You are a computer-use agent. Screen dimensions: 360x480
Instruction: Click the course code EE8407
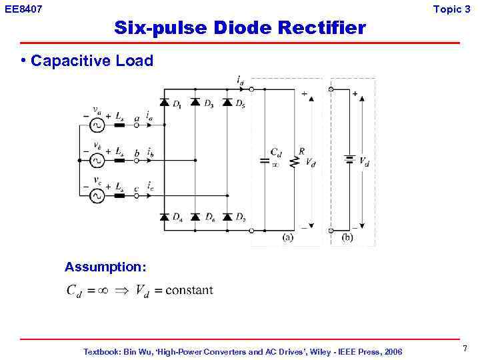tap(23, 9)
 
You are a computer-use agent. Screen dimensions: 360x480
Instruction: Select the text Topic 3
tap(451, 9)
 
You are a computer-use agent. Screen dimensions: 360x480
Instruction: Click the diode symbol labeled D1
tap(164, 102)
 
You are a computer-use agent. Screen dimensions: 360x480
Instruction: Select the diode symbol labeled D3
tap(195, 102)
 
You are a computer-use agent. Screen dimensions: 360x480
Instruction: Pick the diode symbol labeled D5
tap(227, 102)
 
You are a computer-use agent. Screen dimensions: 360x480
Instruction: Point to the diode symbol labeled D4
tap(164, 217)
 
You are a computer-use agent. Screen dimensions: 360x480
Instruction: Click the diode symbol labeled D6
tap(195, 217)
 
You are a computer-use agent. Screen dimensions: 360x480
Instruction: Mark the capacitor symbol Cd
tap(265, 161)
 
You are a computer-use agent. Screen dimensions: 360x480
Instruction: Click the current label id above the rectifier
tap(239, 81)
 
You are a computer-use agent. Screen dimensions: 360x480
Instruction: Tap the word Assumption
tap(105, 267)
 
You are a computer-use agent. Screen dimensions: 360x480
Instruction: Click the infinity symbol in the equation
tap(103, 290)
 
